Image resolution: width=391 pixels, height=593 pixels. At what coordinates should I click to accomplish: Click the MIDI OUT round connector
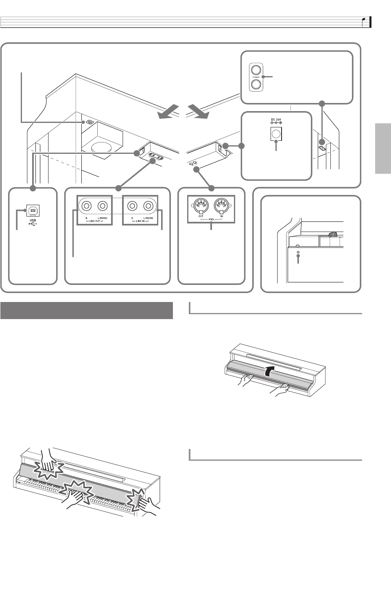click(x=201, y=204)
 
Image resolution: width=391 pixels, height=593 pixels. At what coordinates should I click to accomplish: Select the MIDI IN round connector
click(x=222, y=204)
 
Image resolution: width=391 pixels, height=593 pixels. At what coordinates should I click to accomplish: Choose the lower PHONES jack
click(x=256, y=84)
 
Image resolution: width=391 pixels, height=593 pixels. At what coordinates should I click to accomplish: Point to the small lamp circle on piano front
click(x=299, y=253)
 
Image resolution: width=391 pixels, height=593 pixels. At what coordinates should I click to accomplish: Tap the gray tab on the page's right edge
click(x=382, y=149)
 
